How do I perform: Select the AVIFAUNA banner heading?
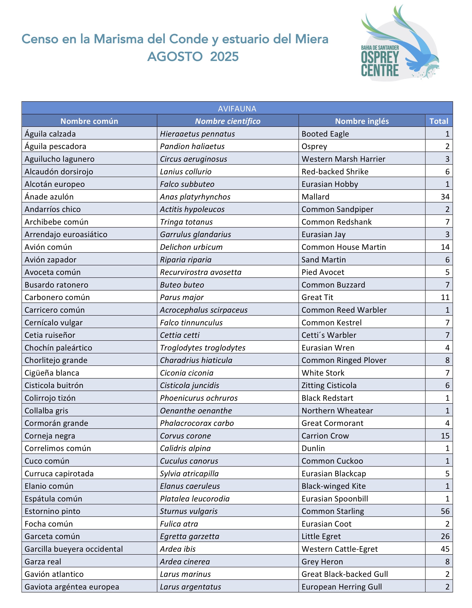(x=237, y=108)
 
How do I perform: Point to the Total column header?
(x=439, y=121)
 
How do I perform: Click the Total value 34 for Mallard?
(x=445, y=197)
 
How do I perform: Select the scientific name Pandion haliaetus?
(x=192, y=146)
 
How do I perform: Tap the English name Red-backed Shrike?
(x=335, y=171)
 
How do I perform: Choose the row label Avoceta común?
(x=53, y=272)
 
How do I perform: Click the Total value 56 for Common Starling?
(x=445, y=511)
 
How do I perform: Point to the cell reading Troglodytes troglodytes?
(x=203, y=348)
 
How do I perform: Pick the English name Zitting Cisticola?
(x=329, y=385)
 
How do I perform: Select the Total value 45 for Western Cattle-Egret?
(x=445, y=549)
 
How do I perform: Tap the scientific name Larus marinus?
(x=185, y=574)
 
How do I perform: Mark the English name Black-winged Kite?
(x=333, y=486)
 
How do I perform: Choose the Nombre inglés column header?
(x=362, y=121)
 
